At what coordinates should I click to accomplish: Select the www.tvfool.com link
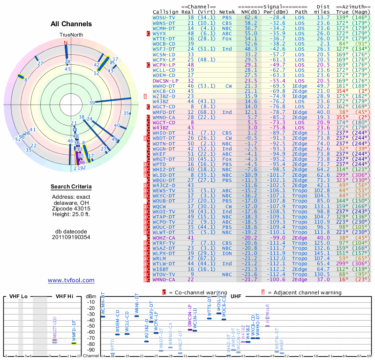pos(71,280)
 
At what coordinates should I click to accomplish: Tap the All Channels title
pos(71,24)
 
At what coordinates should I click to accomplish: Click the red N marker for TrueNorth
pos(66,42)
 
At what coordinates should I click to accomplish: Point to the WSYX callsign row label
pos(159,34)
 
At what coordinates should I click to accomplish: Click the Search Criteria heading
pos(71,187)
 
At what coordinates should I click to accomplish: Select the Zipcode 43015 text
pos(71,208)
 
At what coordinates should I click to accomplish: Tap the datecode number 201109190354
pos(71,237)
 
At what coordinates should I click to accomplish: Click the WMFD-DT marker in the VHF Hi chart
pos(74,343)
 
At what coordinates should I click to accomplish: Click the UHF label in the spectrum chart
pos(236,296)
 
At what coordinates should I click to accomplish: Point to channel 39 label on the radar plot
pos(92,103)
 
